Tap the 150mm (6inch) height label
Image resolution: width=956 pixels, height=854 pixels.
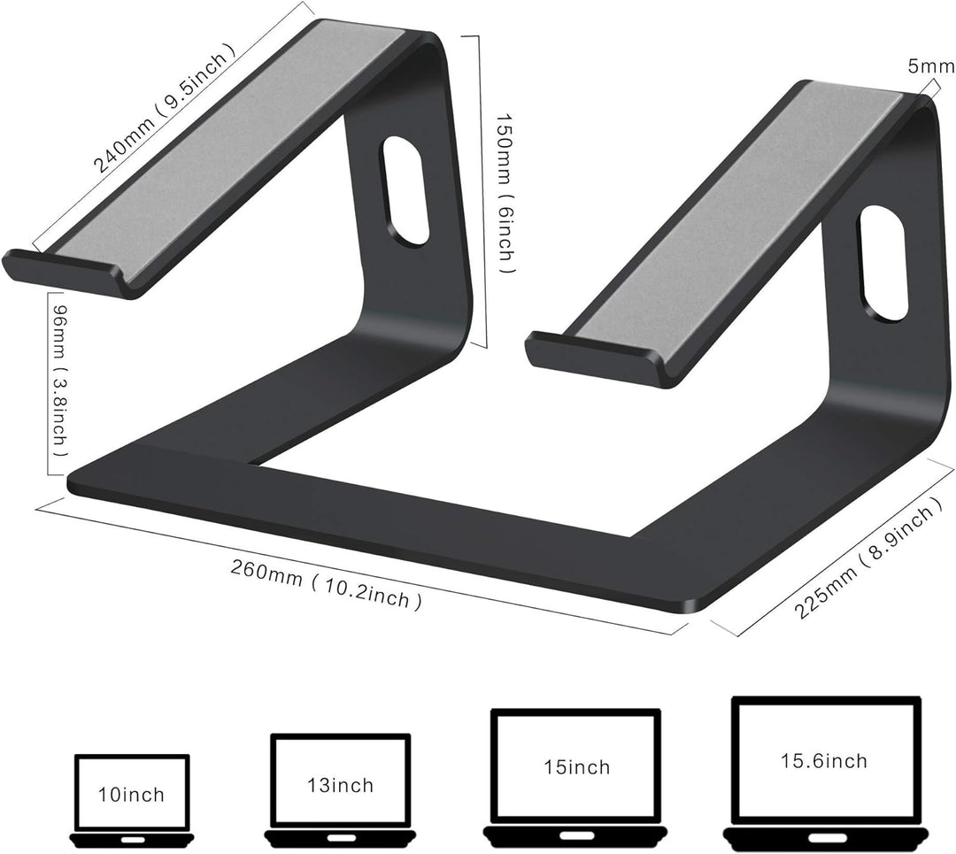[x=503, y=193]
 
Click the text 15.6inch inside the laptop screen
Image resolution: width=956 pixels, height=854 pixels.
[x=823, y=760]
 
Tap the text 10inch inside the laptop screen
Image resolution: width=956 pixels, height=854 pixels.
[x=131, y=794]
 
